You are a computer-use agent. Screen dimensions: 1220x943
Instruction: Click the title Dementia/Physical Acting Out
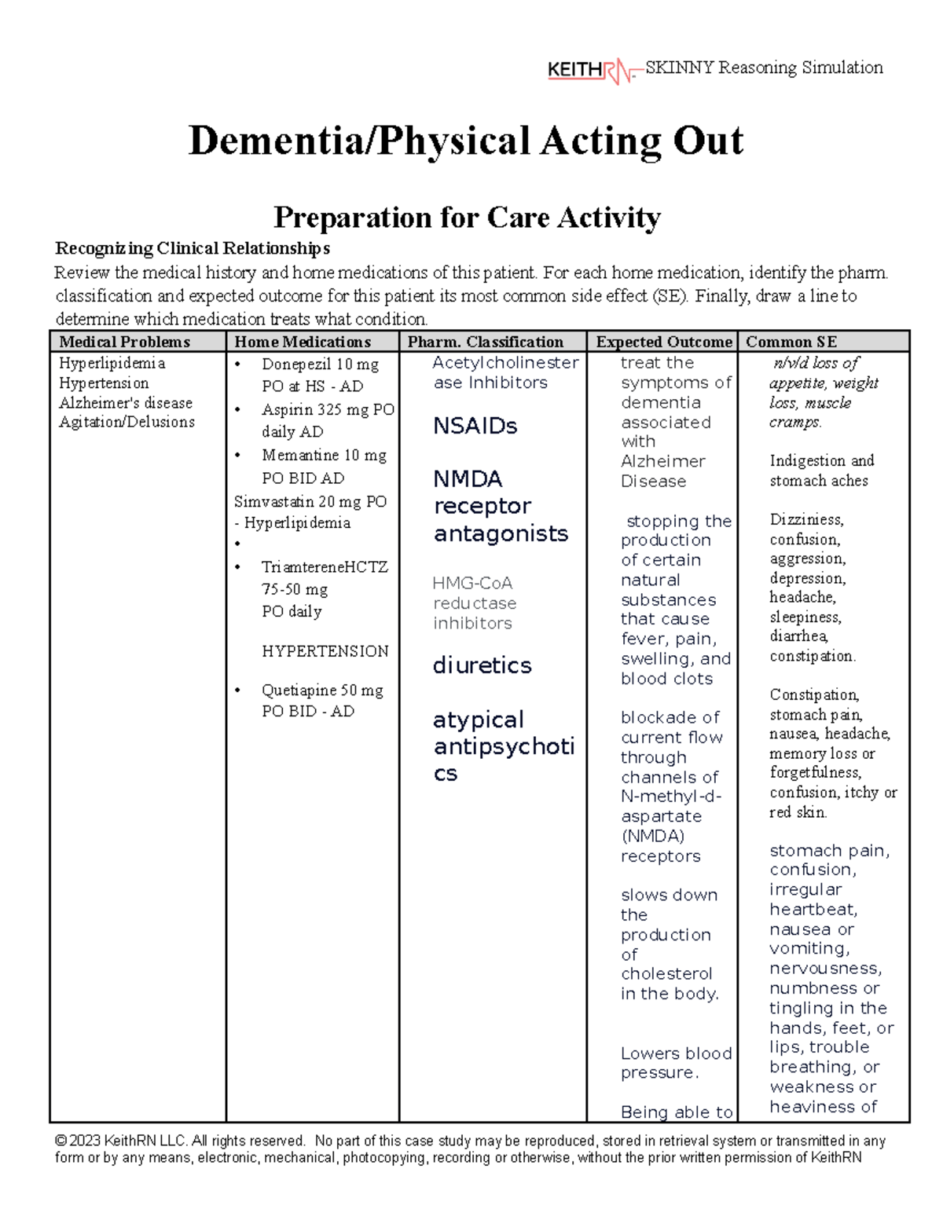point(465,141)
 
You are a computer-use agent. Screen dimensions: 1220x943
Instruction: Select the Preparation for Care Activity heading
point(466,217)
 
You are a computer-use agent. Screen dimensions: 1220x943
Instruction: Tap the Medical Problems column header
point(125,342)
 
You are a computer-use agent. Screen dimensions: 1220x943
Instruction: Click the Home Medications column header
point(303,342)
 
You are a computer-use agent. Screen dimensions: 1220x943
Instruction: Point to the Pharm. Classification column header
point(485,342)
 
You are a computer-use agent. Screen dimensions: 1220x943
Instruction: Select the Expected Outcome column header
point(663,342)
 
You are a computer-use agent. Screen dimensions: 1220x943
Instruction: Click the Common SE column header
point(791,342)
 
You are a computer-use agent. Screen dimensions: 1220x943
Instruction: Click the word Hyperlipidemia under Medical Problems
point(112,363)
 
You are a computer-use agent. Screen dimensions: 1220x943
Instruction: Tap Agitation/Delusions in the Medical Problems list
point(127,422)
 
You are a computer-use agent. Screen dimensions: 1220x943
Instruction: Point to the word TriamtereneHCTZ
point(325,567)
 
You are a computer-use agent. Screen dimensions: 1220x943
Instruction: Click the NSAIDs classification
point(475,427)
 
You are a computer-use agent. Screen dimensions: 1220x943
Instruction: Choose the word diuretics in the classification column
point(482,665)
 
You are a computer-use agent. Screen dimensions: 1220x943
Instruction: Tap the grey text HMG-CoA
point(472,584)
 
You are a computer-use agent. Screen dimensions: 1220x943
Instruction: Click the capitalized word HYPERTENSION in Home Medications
point(325,651)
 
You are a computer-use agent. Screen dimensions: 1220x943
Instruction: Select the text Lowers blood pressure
point(676,1063)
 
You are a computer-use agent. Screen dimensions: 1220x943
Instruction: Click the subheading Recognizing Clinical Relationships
point(193,249)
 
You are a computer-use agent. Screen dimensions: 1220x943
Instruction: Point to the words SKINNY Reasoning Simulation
point(764,68)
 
